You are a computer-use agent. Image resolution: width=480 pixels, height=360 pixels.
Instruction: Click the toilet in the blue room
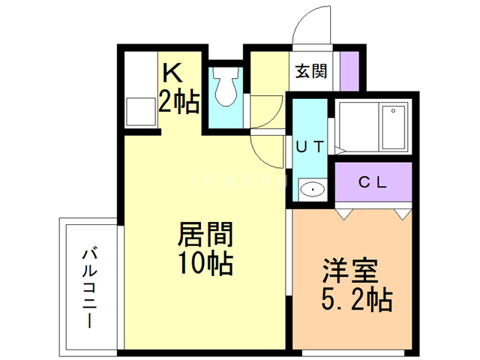pyautogui.click(x=226, y=90)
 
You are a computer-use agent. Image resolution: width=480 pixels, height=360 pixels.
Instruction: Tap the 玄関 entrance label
pyautogui.click(x=310, y=72)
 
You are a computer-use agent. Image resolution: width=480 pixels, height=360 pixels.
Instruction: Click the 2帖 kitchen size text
pyautogui.click(x=178, y=101)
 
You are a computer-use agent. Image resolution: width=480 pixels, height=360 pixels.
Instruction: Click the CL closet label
pyautogui.click(x=373, y=181)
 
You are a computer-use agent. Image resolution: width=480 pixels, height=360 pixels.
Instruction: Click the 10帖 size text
pyautogui.click(x=205, y=264)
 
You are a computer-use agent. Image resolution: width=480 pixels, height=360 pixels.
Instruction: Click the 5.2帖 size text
pyautogui.click(x=356, y=300)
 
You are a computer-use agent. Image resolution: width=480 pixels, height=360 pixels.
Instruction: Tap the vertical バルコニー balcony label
pyautogui.click(x=88, y=286)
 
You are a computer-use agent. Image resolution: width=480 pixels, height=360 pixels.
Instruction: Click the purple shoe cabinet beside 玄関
pyautogui.click(x=349, y=70)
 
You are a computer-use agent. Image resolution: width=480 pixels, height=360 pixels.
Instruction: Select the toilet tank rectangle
pyautogui.click(x=226, y=75)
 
